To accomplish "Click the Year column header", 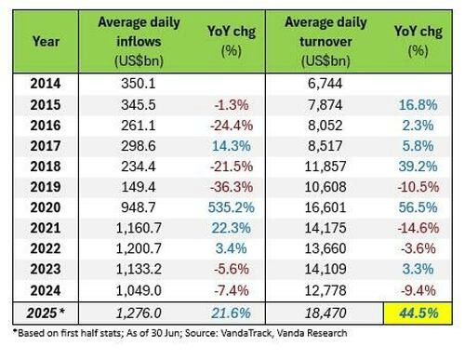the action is click(x=46, y=42).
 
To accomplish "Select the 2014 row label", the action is click(x=46, y=84).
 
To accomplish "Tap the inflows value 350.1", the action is click(x=139, y=84).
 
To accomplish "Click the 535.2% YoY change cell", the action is click(x=232, y=207).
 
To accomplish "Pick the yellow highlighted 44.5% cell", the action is click(x=418, y=313).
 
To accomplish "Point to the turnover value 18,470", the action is click(x=325, y=313).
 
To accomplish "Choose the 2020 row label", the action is click(x=46, y=207).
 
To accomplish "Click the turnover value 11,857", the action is click(x=325, y=167).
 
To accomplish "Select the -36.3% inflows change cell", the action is click(x=232, y=187).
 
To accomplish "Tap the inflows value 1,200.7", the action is click(x=139, y=248).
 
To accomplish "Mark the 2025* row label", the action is click(x=46, y=313).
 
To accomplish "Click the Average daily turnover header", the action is click(x=325, y=42).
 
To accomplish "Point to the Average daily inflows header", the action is click(x=139, y=42).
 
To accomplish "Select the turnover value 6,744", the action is click(x=325, y=84).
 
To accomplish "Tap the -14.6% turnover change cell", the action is click(x=418, y=228).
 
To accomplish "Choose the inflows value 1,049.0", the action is click(x=139, y=290).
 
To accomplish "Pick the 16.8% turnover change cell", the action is click(x=418, y=105).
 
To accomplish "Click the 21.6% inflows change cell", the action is click(x=232, y=313).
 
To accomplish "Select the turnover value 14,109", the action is click(x=325, y=269).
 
